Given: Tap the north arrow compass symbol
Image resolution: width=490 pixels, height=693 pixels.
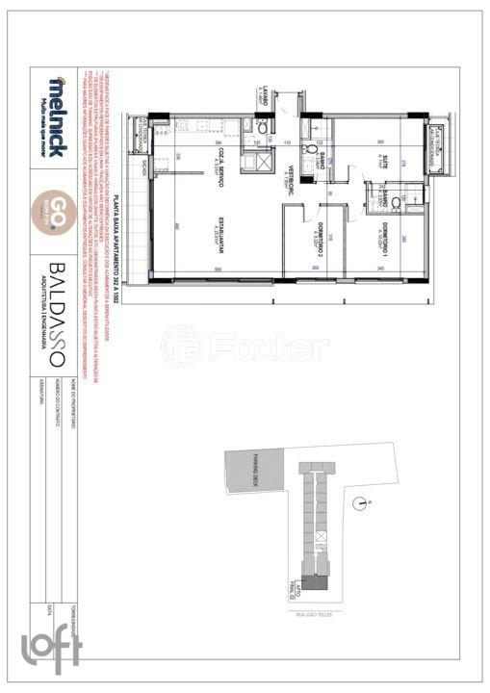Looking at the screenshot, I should (360, 501).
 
